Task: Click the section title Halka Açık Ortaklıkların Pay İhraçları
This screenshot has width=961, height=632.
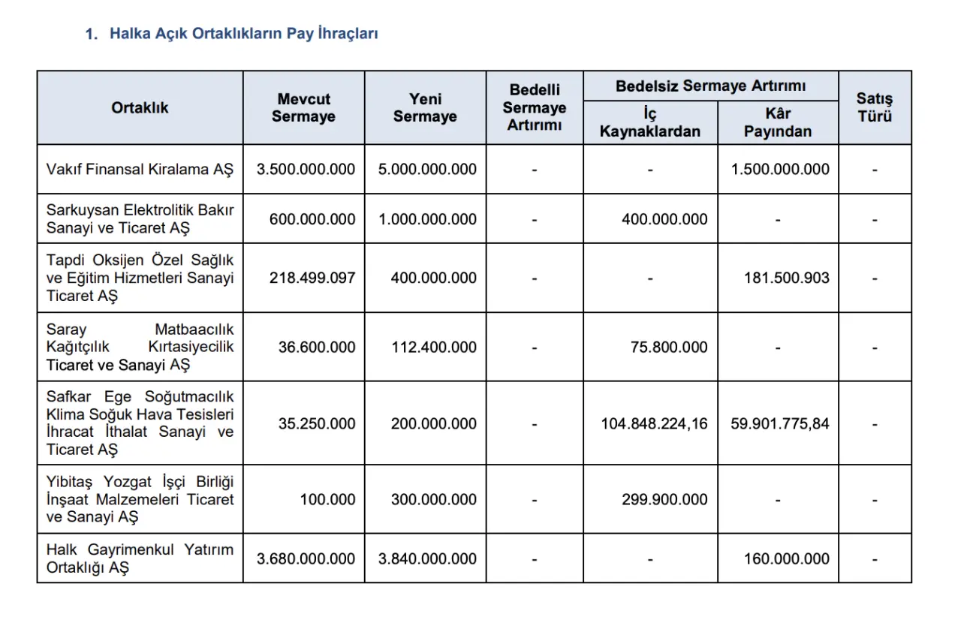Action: click(x=243, y=34)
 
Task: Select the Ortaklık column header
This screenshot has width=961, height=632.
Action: click(x=140, y=108)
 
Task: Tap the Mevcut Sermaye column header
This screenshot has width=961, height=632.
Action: click(x=303, y=108)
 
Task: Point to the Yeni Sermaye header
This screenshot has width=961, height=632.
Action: click(x=425, y=108)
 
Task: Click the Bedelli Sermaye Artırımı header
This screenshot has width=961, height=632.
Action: click(x=535, y=108)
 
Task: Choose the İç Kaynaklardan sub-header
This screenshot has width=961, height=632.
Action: click(x=650, y=123)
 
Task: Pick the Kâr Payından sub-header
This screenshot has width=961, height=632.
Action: click(x=778, y=123)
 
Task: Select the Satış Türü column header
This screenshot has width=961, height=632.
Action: click(x=875, y=108)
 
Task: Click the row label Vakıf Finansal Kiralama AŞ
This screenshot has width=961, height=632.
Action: click(x=140, y=170)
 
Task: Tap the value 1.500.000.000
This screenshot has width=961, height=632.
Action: click(x=780, y=170)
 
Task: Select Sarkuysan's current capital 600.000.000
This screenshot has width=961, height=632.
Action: click(x=312, y=219)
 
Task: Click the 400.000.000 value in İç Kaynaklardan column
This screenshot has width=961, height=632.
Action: click(x=664, y=219)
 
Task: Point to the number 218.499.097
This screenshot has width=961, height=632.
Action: click(x=312, y=278)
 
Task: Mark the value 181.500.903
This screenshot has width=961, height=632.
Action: click(x=786, y=278)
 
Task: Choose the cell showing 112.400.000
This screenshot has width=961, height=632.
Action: click(x=433, y=348)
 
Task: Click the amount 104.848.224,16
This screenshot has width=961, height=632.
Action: click(x=654, y=423)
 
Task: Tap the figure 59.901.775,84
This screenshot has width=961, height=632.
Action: click(x=780, y=423)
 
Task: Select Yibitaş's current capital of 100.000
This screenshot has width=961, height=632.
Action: click(x=327, y=499)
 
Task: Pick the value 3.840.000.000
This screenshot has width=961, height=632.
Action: click(x=427, y=558)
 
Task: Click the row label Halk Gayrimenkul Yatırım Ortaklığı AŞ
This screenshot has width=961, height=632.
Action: click(x=140, y=558)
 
